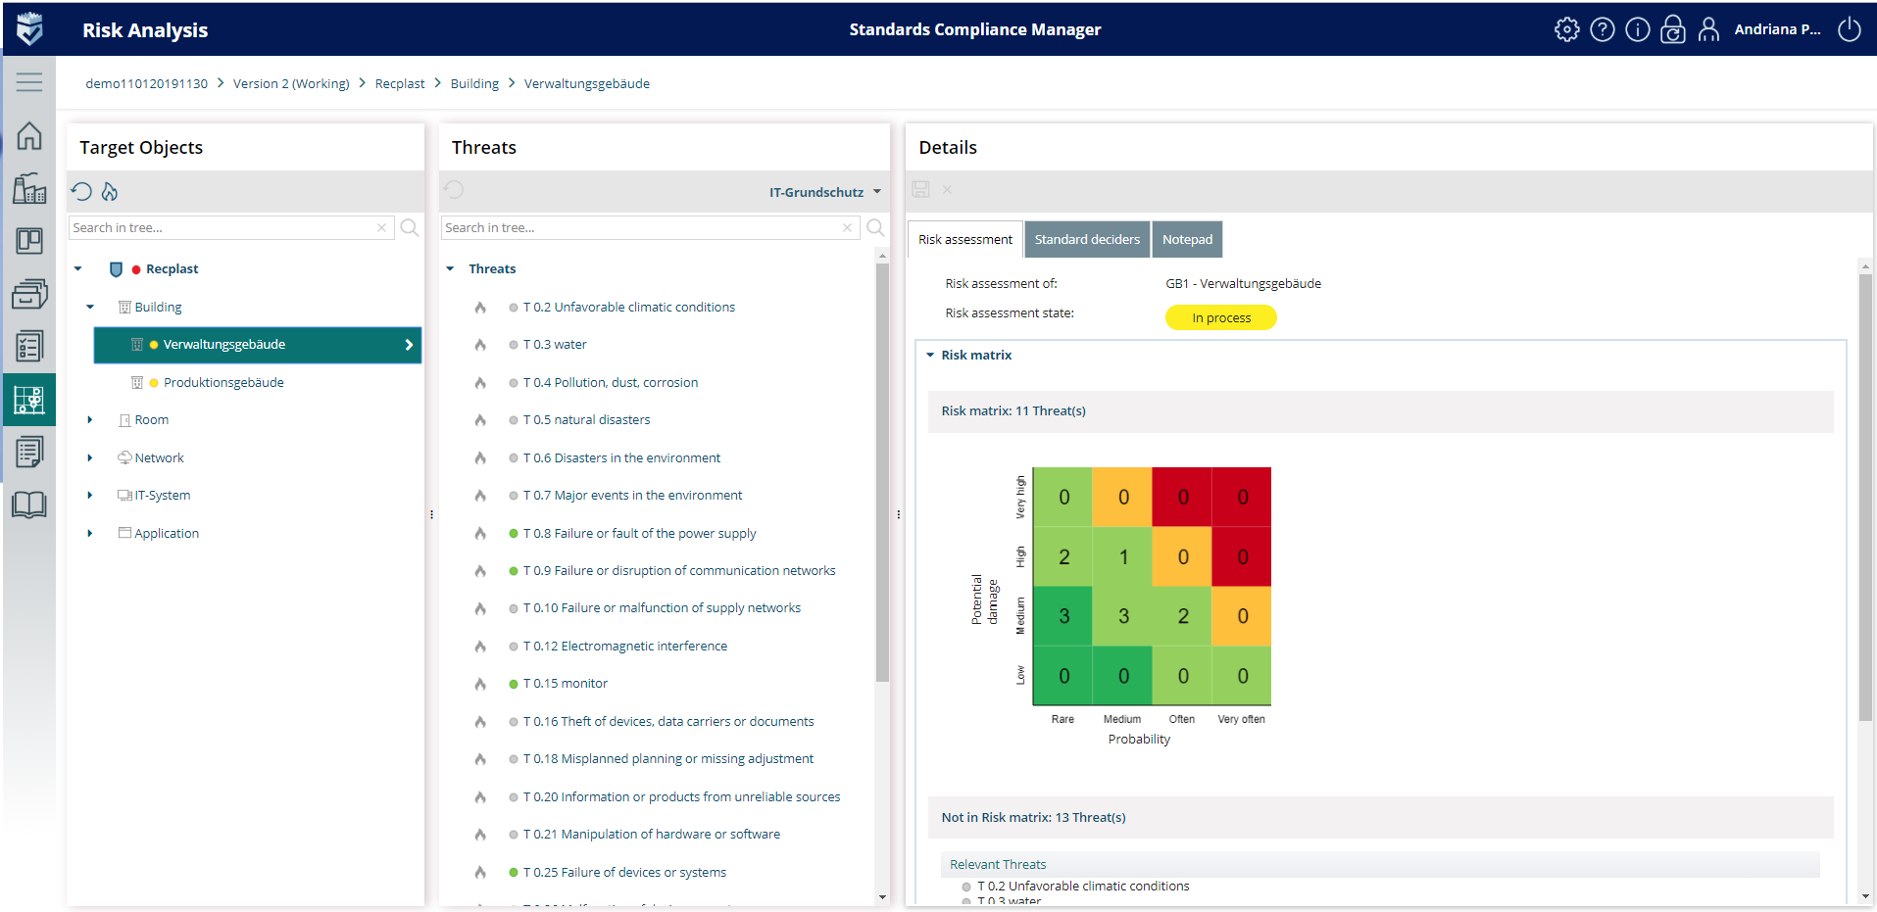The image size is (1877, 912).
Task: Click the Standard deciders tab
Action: point(1087,240)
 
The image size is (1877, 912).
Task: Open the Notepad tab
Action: point(1187,240)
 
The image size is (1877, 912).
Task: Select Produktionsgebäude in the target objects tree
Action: point(223,383)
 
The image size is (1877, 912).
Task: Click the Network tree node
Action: point(159,458)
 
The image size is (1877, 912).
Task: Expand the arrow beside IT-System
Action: point(90,496)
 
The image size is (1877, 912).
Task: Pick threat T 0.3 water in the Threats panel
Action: point(555,345)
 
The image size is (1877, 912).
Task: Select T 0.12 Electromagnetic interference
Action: point(624,647)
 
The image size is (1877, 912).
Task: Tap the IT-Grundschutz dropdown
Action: point(824,192)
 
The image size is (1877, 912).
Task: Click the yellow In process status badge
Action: point(1220,318)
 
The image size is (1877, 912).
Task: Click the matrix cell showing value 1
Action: point(1123,557)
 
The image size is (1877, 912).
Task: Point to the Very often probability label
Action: point(1241,719)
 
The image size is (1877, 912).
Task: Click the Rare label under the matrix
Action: point(1062,719)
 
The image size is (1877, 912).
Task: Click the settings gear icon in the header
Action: point(1566,29)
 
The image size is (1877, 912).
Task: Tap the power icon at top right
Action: point(1849,29)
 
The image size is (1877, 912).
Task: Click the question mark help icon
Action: point(1602,29)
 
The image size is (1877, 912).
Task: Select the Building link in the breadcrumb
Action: point(474,84)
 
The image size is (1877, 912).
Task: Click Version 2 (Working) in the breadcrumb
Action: point(291,84)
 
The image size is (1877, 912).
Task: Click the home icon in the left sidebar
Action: point(29,136)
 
